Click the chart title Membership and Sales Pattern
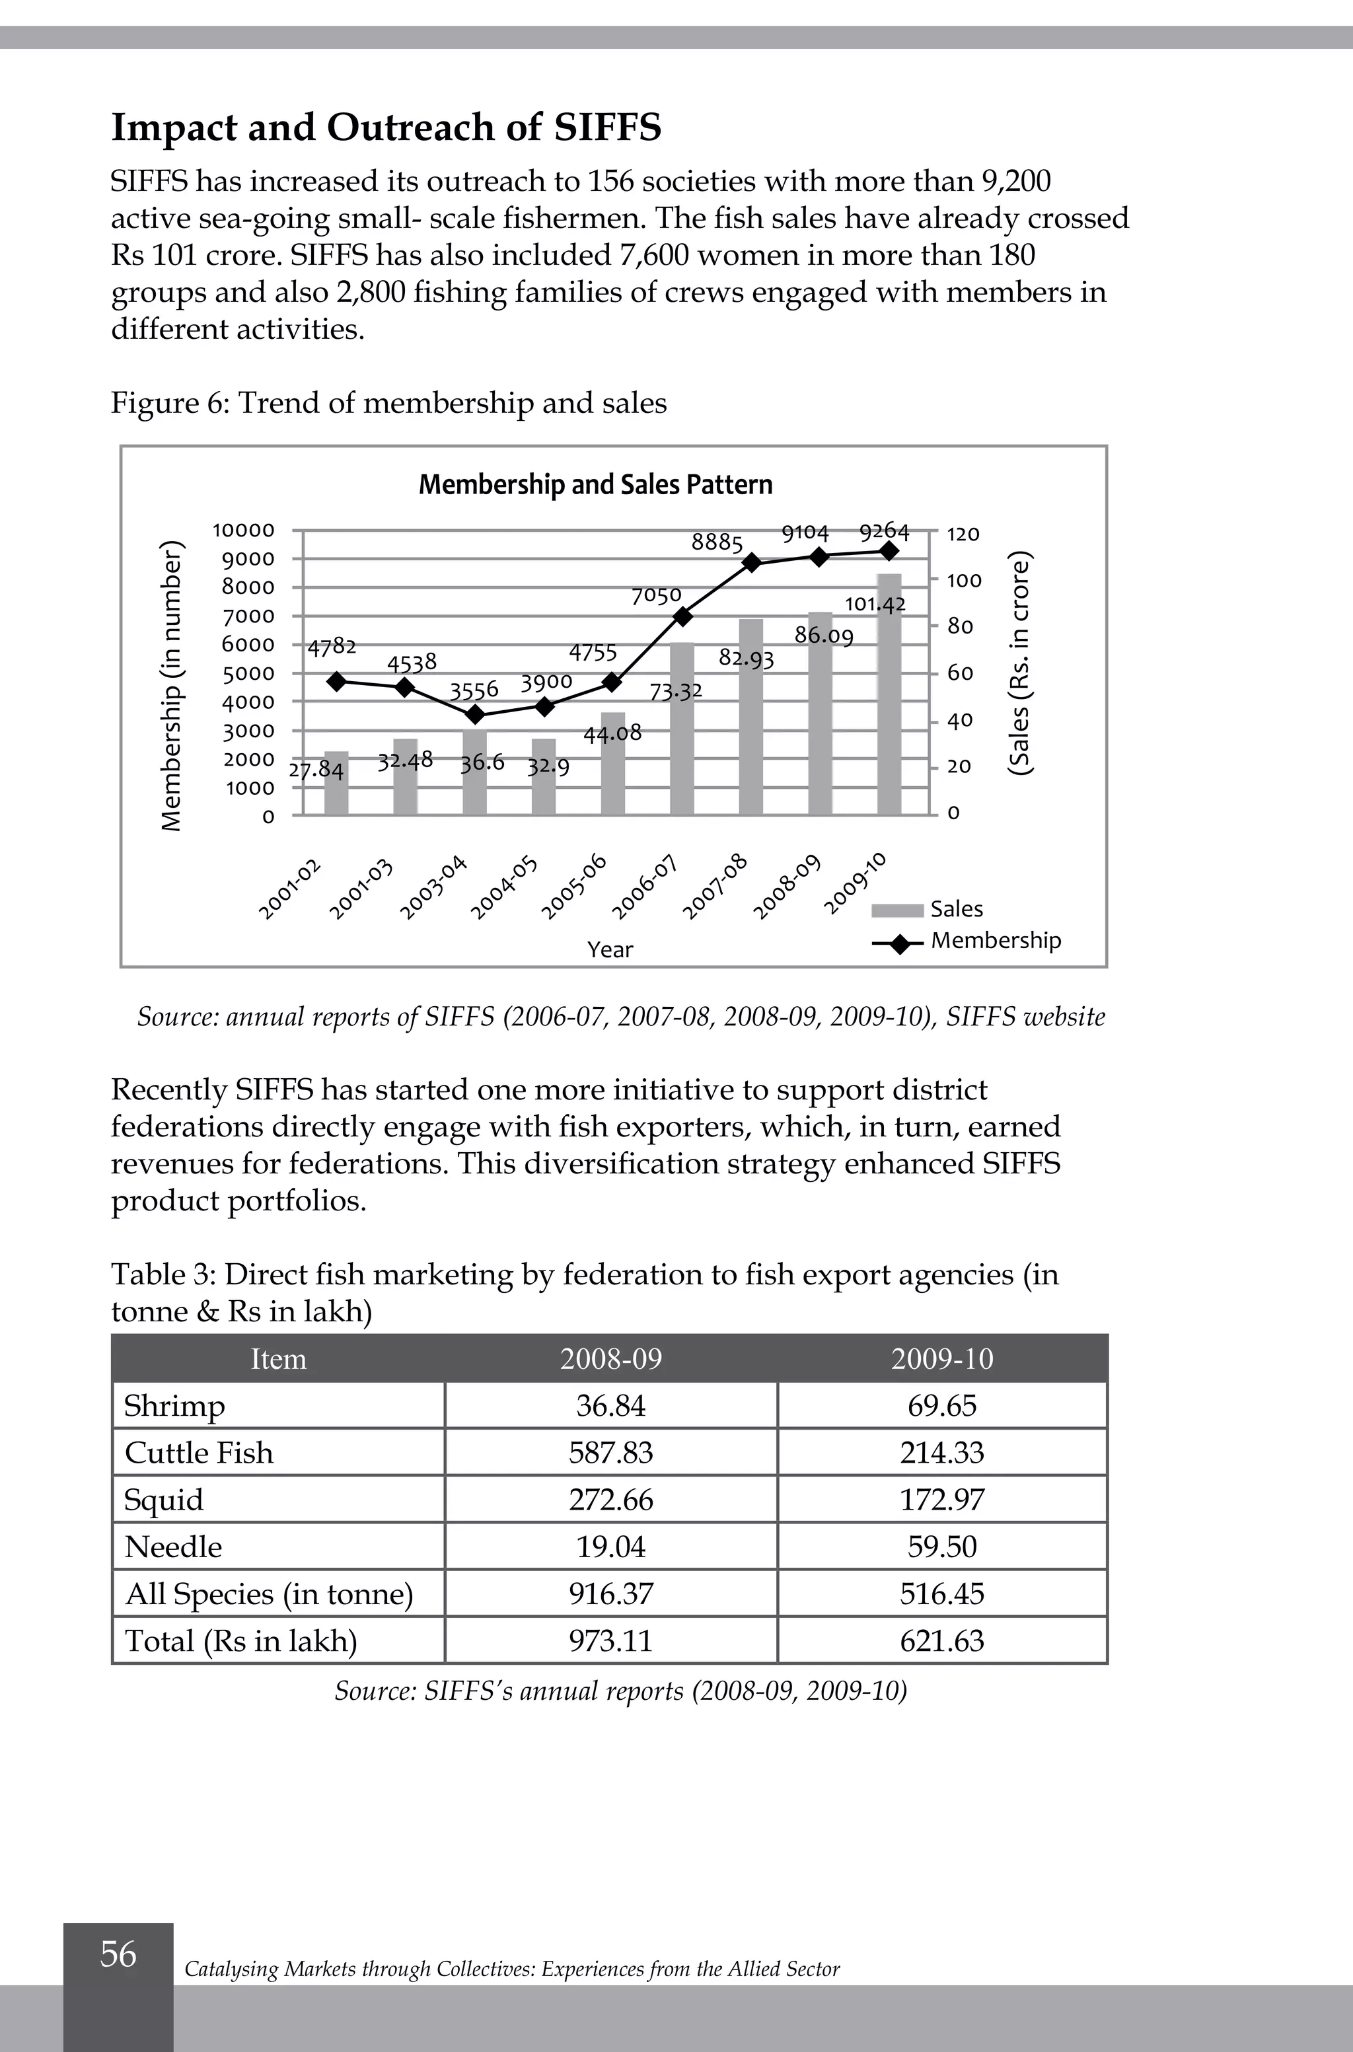[595, 485]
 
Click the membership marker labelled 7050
[682, 616]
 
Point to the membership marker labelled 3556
[474, 714]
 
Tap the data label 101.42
[875, 604]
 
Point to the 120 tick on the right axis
[963, 534]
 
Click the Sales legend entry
[956, 908]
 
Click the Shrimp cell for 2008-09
[611, 1406]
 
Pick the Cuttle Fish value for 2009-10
[941, 1452]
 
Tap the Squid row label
[164, 1500]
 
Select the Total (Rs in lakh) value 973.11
[611, 1640]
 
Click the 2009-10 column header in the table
[941, 1359]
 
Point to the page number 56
[118, 1954]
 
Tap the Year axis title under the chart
[610, 949]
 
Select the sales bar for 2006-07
[682, 729]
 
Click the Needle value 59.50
[941, 1547]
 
